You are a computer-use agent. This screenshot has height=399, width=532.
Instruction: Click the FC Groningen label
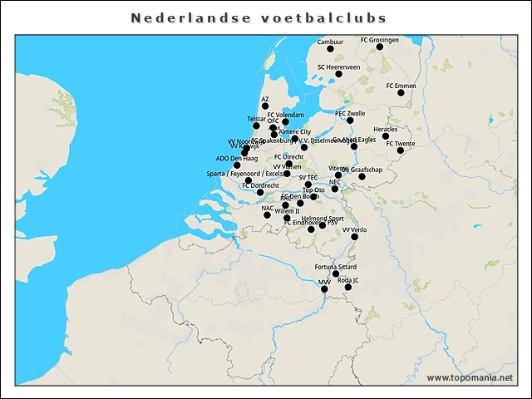click(380, 39)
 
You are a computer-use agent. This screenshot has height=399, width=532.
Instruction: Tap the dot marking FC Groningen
click(380, 47)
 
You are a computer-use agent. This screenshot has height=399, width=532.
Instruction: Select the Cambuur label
click(330, 42)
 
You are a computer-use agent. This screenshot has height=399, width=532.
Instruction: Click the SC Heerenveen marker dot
click(338, 74)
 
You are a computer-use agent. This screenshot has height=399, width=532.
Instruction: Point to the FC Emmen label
click(401, 85)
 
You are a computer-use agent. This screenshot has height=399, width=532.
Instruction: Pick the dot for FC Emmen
click(401, 92)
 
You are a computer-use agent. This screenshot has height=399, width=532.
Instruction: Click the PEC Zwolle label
click(350, 112)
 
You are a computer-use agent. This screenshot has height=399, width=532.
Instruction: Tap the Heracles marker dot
click(386, 136)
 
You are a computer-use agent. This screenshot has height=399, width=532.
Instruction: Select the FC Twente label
click(401, 143)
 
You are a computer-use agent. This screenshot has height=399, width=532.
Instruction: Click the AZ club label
click(265, 98)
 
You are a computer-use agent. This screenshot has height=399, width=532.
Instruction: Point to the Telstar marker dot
click(256, 126)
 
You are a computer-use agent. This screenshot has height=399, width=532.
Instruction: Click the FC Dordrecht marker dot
click(260, 192)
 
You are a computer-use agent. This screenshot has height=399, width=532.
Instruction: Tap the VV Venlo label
click(354, 229)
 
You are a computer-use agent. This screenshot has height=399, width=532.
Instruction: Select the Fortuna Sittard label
click(336, 266)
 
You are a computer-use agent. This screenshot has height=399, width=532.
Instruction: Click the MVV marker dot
click(325, 289)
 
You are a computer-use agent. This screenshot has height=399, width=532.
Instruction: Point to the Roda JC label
click(348, 280)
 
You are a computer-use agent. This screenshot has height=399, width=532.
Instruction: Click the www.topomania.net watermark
click(470, 377)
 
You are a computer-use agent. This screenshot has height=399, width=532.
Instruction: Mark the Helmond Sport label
click(323, 218)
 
